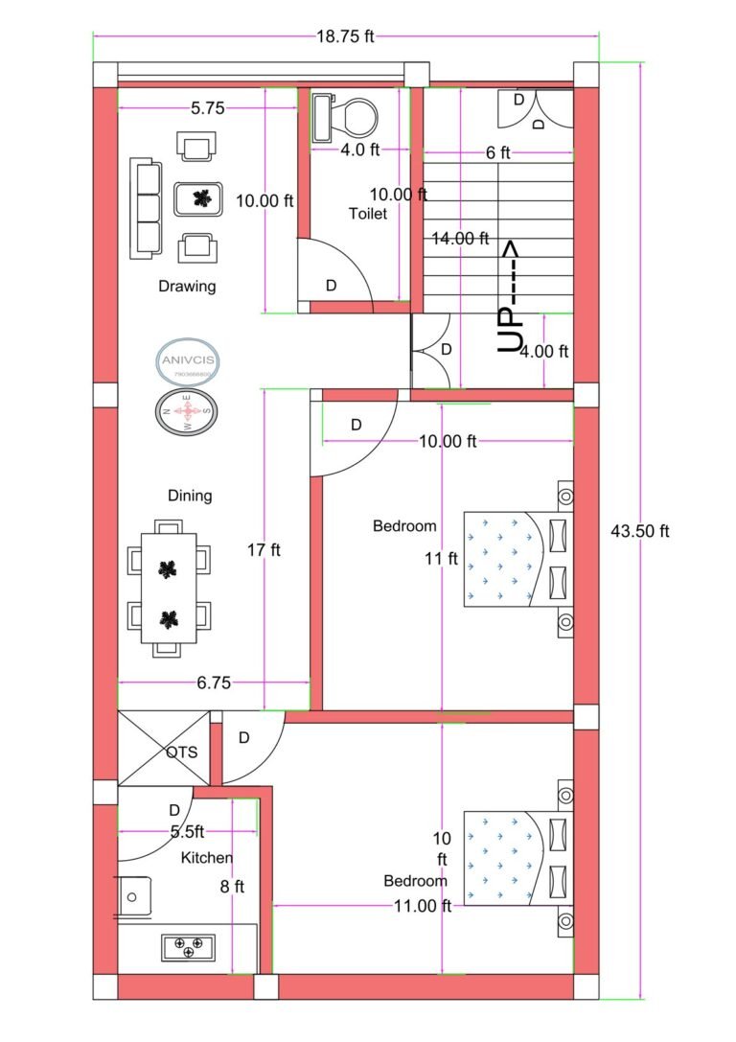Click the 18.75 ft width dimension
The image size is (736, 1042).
click(345, 37)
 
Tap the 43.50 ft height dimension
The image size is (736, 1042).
click(639, 531)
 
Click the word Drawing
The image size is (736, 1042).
click(187, 286)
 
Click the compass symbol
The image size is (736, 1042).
click(187, 412)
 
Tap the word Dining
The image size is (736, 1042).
click(190, 496)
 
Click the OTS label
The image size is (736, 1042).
click(181, 753)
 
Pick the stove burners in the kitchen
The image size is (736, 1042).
click(187, 947)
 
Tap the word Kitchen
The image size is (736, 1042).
click(206, 858)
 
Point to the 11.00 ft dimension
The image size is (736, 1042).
click(422, 906)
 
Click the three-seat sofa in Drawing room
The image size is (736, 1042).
click(146, 208)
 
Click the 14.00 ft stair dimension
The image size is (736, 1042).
click(460, 238)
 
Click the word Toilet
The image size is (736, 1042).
click(368, 214)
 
